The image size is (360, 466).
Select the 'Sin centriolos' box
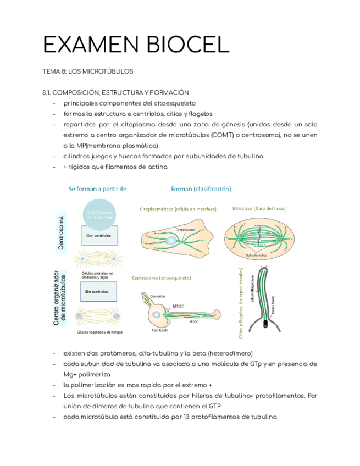(x=99, y=291)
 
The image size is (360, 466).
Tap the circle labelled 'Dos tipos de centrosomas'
(x=99, y=215)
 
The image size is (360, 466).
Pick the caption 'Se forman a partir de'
(x=97, y=188)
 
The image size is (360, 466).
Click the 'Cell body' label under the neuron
(x=160, y=331)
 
